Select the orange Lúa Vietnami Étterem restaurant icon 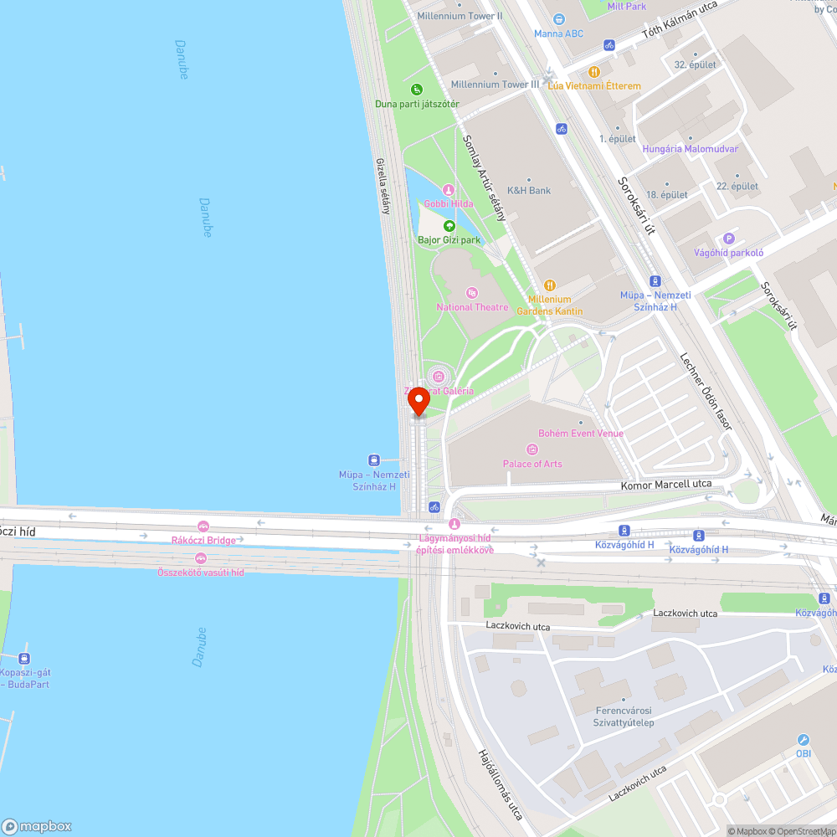(594, 72)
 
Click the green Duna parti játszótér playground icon (417, 90)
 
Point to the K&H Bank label (529, 190)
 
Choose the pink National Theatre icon (472, 293)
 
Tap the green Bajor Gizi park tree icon (449, 226)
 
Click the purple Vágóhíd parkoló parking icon (728, 239)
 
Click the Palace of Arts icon (532, 449)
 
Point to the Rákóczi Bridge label (203, 540)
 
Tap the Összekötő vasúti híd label (201, 572)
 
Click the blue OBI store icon (804, 740)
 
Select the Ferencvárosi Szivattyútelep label (624, 716)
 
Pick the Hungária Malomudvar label (690, 149)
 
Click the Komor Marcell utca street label (666, 484)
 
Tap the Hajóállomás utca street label (501, 783)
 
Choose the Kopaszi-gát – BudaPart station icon (24, 659)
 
